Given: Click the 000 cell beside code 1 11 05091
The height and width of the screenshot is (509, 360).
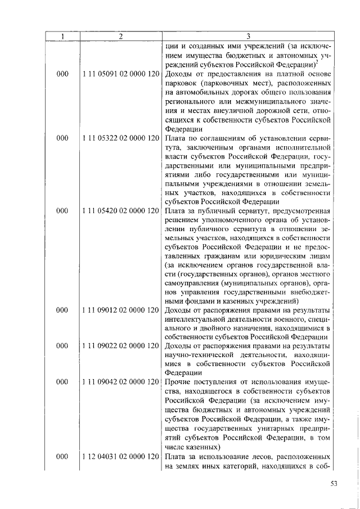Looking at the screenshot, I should [62, 74].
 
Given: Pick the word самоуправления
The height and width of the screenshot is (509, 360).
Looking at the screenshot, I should [192, 282].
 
